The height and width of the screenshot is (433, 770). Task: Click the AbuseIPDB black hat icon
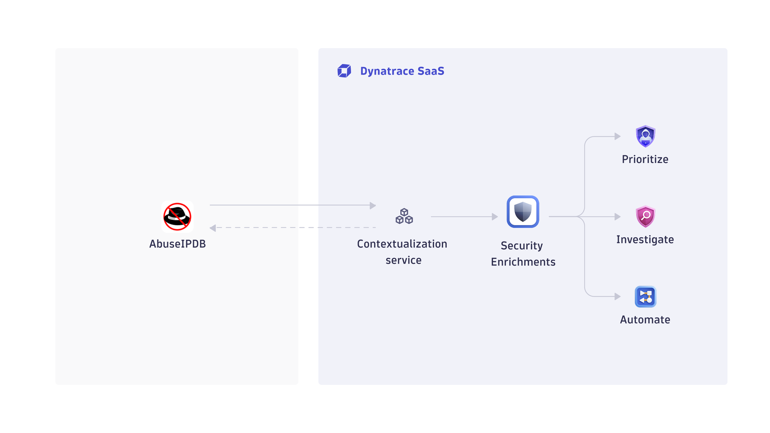click(178, 216)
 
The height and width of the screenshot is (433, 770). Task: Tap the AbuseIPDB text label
click(178, 244)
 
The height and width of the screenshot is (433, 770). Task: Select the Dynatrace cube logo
click(344, 71)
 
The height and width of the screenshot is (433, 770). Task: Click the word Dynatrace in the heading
click(387, 71)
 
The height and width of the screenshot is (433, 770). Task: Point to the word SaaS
click(431, 71)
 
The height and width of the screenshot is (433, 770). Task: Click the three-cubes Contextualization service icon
click(404, 216)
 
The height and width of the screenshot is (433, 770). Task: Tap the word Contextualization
click(402, 244)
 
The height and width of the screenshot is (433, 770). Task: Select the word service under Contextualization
click(404, 260)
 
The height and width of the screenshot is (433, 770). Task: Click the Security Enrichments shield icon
click(523, 212)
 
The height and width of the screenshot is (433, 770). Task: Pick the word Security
click(522, 246)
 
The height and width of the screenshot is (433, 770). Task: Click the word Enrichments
click(523, 262)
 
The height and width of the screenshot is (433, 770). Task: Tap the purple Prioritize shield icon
click(645, 137)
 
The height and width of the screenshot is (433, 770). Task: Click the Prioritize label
click(645, 159)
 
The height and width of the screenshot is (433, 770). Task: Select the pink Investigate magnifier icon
click(645, 216)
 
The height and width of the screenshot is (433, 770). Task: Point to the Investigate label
click(645, 240)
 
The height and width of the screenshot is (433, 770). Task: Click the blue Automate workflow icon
click(645, 296)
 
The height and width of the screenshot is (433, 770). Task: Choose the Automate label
click(645, 320)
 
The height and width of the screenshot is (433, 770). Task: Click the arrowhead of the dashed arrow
click(213, 228)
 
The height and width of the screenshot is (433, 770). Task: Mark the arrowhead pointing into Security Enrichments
click(495, 216)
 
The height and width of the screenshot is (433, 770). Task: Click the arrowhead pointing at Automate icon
click(617, 296)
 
